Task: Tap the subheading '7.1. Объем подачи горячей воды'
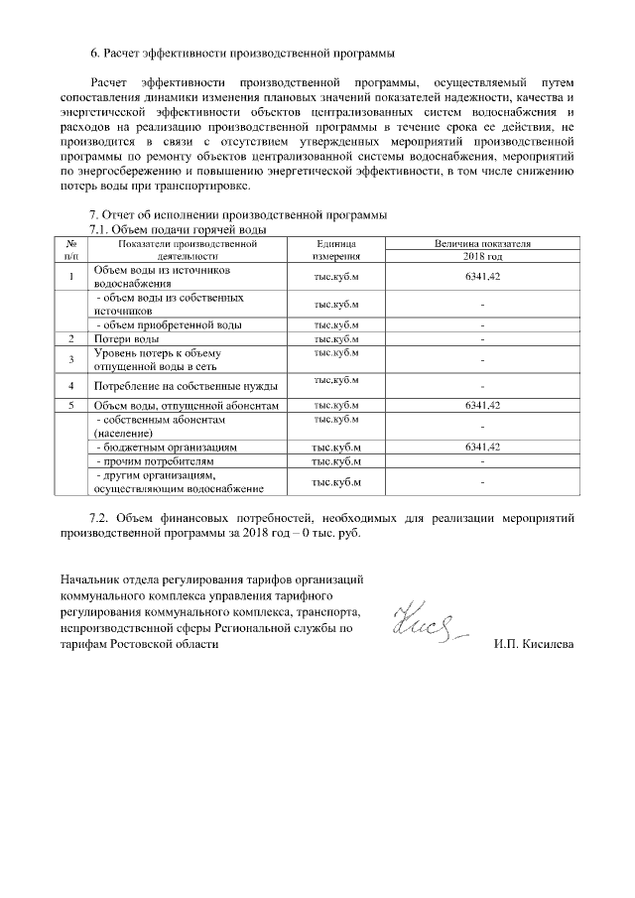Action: click(179, 229)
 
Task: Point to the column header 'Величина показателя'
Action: click(482, 242)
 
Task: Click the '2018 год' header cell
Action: click(482, 255)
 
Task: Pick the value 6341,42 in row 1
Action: click(482, 276)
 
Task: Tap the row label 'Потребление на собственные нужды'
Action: click(185, 385)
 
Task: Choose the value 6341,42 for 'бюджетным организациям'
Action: click(482, 448)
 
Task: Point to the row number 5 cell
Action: click(71, 406)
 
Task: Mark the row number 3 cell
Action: click(71, 359)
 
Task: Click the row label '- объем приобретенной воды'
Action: click(167, 324)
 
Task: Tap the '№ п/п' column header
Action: click(71, 248)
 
